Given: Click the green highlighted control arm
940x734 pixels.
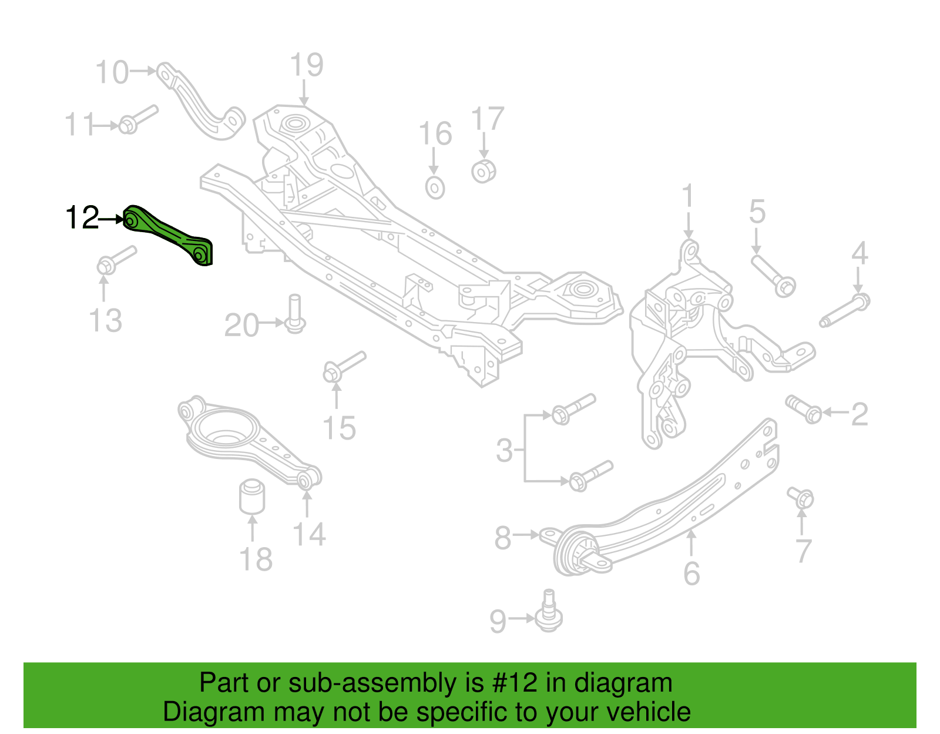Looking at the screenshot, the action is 166,233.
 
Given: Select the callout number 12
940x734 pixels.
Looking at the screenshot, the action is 82,217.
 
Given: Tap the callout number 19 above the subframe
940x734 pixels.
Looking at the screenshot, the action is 306,65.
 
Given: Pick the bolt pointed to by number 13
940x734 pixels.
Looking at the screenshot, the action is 116,260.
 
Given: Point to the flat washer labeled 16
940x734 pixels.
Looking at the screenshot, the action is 435,187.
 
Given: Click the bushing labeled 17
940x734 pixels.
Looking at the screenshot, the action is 484,172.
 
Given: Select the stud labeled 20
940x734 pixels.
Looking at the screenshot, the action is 294,314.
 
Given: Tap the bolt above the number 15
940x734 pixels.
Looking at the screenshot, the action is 344,367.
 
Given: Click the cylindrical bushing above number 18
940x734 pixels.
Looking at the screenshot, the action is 252,496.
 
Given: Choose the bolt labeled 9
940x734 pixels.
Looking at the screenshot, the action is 549,611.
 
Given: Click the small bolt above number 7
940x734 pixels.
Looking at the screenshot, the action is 801,498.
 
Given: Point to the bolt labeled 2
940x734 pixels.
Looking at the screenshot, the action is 804,409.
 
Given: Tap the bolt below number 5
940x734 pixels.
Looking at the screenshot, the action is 774,276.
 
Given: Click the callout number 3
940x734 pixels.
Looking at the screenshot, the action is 505,450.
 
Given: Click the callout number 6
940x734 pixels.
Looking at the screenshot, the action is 691,574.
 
